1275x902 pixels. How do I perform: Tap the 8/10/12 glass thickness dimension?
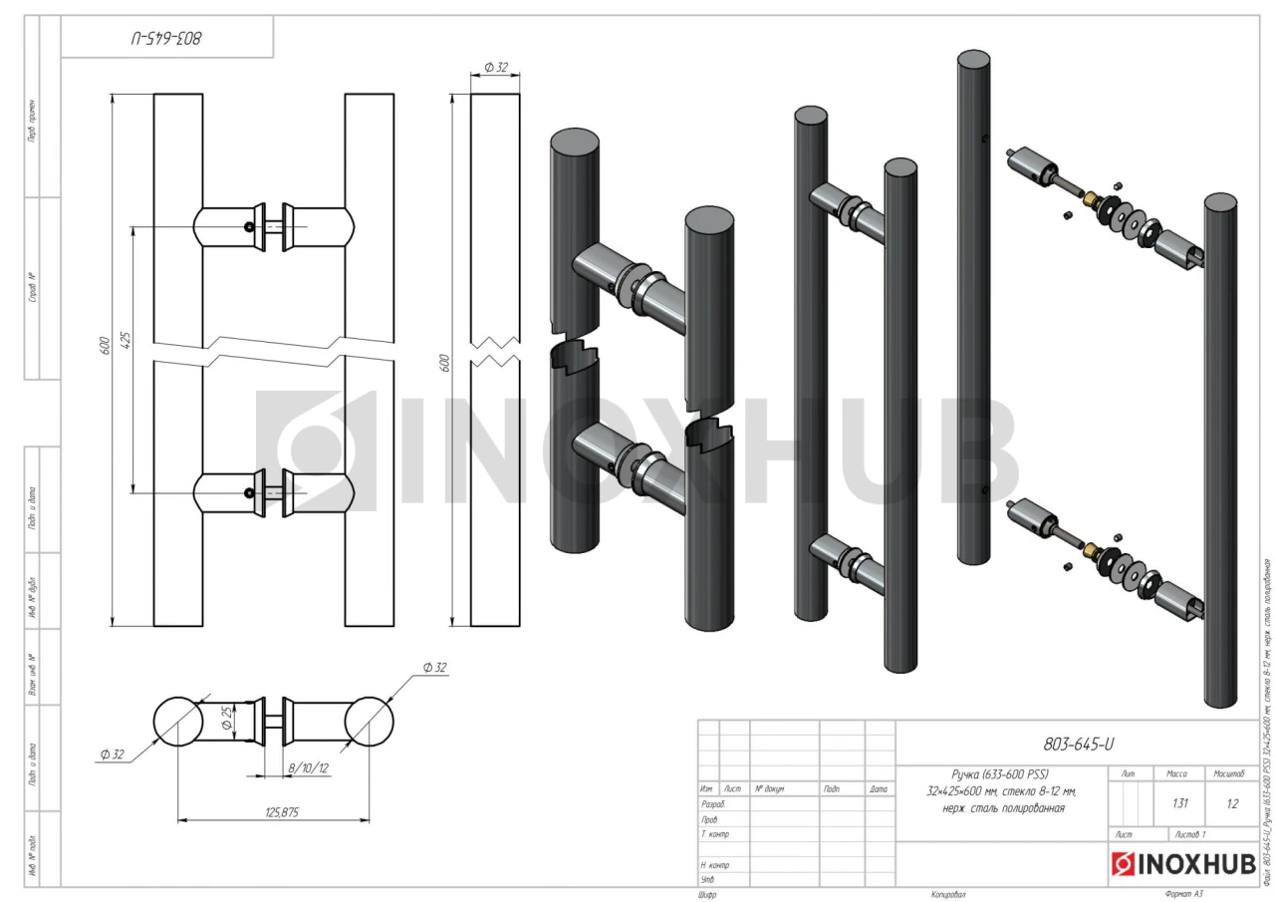[x=308, y=769]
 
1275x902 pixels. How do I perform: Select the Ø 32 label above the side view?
[x=496, y=67]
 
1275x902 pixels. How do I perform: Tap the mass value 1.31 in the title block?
[x=1180, y=803]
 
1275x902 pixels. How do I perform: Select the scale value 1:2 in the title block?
[x=1233, y=803]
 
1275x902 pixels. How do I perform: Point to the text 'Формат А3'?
[x=1183, y=894]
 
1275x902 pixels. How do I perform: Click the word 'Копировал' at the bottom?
[x=947, y=894]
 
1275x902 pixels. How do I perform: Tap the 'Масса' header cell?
[x=1176, y=773]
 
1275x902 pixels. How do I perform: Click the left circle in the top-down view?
[x=177, y=723]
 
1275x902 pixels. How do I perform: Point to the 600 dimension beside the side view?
[x=445, y=360]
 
